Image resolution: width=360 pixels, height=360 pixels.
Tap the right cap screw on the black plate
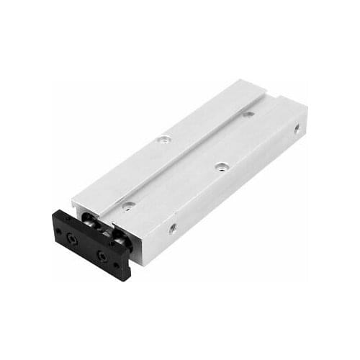coord(102,256)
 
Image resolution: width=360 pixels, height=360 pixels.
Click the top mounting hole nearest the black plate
coord(127,205)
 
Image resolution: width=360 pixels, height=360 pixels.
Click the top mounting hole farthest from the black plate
coord(248,113)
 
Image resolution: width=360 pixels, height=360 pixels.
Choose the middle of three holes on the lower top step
coord(220,166)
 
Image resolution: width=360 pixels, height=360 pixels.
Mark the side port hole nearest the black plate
coord(173,229)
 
